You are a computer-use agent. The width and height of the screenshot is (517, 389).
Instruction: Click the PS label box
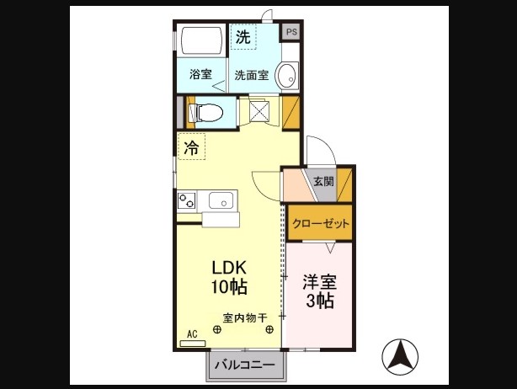click(291, 32)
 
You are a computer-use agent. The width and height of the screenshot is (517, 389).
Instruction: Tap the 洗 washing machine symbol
click(243, 37)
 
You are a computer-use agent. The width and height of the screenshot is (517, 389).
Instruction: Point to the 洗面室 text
click(251, 74)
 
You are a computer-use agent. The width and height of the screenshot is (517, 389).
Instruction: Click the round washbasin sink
click(287, 74)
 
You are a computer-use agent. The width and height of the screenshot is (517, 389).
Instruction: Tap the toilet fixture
click(206, 110)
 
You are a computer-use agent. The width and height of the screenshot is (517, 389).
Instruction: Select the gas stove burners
click(186, 200)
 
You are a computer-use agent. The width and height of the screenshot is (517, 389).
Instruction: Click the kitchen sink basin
click(221, 200)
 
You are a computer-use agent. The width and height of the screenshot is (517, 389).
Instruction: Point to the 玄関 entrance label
click(323, 181)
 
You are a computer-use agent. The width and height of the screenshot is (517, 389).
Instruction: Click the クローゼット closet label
click(321, 223)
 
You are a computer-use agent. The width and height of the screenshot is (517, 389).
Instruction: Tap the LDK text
click(228, 268)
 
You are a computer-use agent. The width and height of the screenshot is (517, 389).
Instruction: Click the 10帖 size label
click(228, 286)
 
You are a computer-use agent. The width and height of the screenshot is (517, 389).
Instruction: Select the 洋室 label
click(320, 281)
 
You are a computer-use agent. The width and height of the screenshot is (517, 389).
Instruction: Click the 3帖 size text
click(320, 301)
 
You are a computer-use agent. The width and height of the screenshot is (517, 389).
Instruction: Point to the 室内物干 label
click(244, 318)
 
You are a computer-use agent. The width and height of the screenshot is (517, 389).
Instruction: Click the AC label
click(192, 334)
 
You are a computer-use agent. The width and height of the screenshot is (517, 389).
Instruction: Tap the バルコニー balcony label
click(244, 365)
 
